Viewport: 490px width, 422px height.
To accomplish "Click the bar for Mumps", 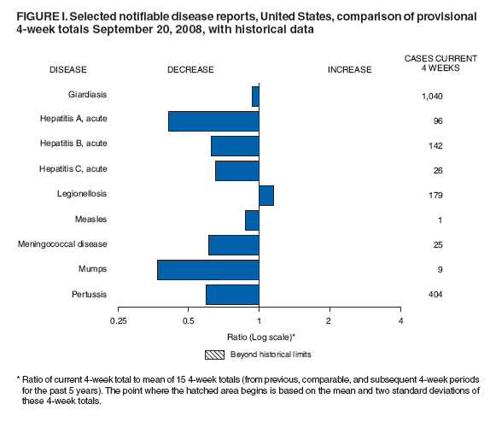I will point(207,270).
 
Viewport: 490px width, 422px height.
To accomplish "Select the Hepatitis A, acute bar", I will point(213,120).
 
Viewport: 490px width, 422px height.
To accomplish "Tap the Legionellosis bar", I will point(265,195).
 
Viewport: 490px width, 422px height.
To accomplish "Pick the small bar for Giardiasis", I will point(255,96).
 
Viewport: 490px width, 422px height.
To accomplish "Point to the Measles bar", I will point(252,220).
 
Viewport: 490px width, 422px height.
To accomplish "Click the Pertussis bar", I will point(232,295).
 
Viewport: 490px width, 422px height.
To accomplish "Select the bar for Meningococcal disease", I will point(233,245).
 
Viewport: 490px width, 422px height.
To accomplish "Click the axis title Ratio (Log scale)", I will point(261,337).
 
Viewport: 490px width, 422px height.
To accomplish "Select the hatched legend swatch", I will point(213,355).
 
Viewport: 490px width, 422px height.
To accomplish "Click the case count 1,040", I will point(431,97).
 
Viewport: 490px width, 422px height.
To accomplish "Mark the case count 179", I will point(431,196).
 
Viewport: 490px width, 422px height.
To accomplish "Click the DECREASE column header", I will point(190,69).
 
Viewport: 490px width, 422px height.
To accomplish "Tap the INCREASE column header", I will point(350,69).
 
